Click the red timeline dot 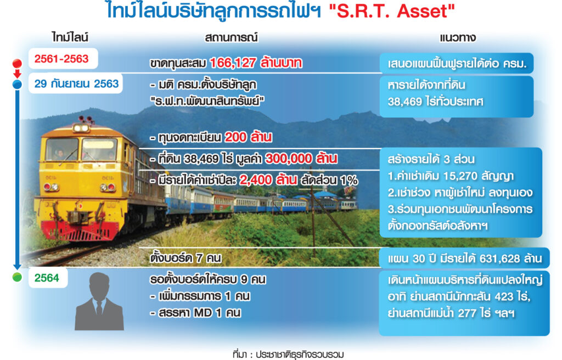tap(17, 64)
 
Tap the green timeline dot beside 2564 tap(17, 277)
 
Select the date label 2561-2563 tap(61, 59)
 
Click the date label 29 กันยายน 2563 tap(76, 83)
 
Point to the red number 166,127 tap(232, 63)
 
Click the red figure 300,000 tap(288, 159)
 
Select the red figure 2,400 tap(256, 179)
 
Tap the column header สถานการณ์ tap(231, 37)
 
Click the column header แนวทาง tap(458, 38)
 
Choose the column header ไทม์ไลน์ tap(70, 37)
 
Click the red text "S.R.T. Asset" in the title tap(392, 11)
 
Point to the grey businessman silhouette tap(99, 301)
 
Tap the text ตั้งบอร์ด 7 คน tap(186, 258)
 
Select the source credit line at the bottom tap(288, 355)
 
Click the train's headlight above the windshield tap(81, 128)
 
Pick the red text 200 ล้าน tap(248, 137)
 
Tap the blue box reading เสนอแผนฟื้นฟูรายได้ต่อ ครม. tap(457, 64)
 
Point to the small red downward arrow tap(17, 73)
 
